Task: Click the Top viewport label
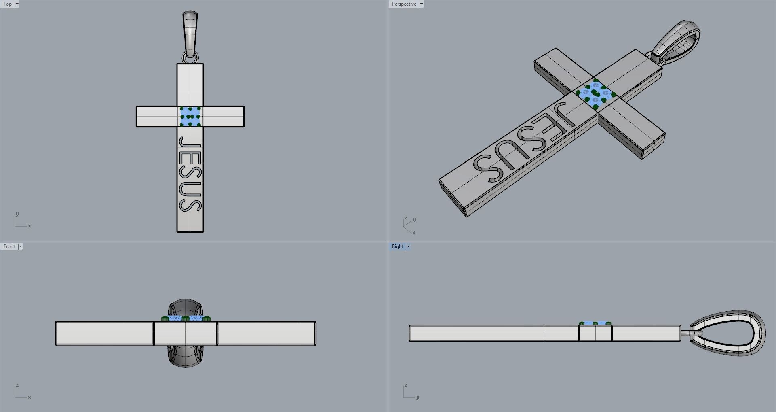tap(8, 4)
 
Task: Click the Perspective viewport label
tap(404, 4)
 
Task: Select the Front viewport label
tap(9, 246)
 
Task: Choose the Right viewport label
tap(397, 246)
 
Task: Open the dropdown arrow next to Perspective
tap(422, 4)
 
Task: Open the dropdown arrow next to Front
tap(20, 246)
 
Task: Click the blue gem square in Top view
tap(190, 117)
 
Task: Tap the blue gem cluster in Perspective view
tap(595, 94)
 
